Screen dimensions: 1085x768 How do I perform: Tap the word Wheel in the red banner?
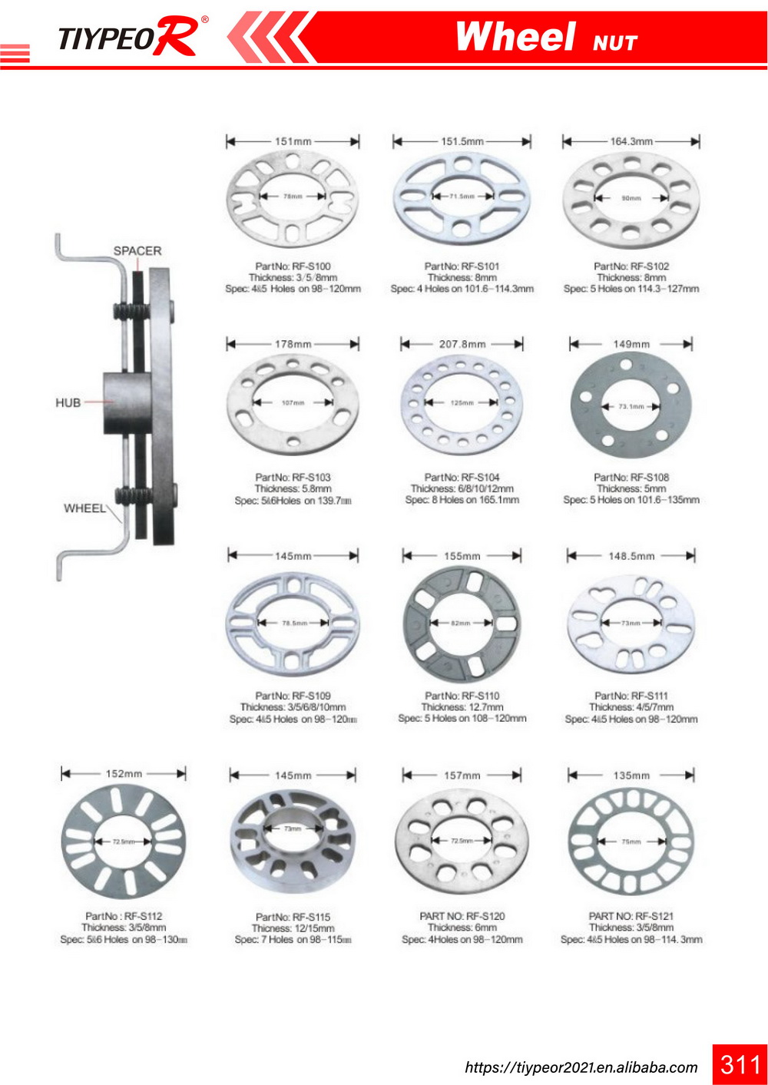(x=515, y=37)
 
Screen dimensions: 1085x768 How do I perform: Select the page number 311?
(x=740, y=1064)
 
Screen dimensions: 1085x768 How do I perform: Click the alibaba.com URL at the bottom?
(x=581, y=1067)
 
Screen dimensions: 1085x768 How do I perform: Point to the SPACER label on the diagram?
(x=137, y=251)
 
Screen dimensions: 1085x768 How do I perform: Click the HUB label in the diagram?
(x=68, y=402)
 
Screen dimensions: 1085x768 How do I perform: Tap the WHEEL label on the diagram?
(x=84, y=508)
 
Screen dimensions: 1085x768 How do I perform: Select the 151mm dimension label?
(x=293, y=141)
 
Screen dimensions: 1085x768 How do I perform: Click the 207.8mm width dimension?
(x=462, y=344)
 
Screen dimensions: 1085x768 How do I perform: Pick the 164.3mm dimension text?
(x=631, y=141)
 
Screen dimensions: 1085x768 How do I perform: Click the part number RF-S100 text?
(x=293, y=266)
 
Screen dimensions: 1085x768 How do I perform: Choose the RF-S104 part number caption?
(x=462, y=477)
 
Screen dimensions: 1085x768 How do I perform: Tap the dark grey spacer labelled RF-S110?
(x=462, y=624)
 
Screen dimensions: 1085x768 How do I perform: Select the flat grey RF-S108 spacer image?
(x=631, y=405)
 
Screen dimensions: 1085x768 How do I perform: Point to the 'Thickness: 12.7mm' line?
(x=462, y=707)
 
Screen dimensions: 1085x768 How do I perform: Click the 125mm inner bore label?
(x=462, y=402)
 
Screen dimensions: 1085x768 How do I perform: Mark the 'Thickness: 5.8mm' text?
(x=293, y=488)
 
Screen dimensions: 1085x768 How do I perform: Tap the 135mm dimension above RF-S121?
(x=631, y=776)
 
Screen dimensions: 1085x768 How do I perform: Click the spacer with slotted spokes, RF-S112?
(x=123, y=842)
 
